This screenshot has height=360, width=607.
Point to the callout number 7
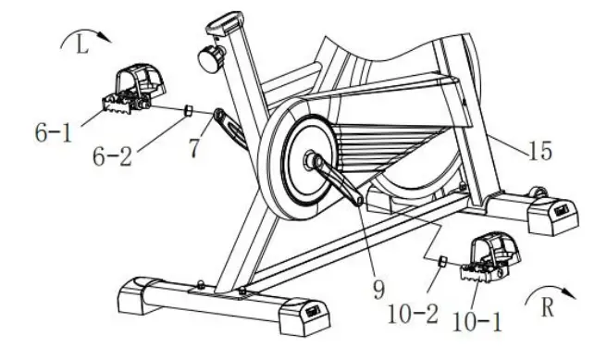(193, 148)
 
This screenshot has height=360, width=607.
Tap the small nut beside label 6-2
(188, 111)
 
